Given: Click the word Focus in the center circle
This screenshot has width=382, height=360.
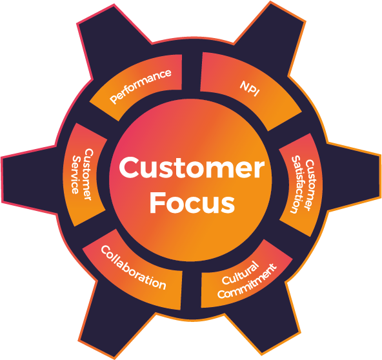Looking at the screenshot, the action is (x=192, y=202).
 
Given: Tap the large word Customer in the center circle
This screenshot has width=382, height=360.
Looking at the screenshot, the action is (x=192, y=168).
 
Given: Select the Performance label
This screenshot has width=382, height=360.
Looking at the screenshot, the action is (x=140, y=86).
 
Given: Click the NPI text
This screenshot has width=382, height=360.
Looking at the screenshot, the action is (x=250, y=88).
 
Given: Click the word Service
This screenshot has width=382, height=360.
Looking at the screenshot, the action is (x=76, y=175).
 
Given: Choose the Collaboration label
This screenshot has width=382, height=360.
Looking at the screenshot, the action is (x=134, y=268).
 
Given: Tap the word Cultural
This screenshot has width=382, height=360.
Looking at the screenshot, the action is (x=240, y=272).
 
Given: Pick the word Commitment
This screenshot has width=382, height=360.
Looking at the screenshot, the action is (x=247, y=281).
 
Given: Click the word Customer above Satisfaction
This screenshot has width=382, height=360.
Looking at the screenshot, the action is (x=308, y=185).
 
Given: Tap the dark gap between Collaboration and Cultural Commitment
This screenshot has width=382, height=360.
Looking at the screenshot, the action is (x=192, y=290).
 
